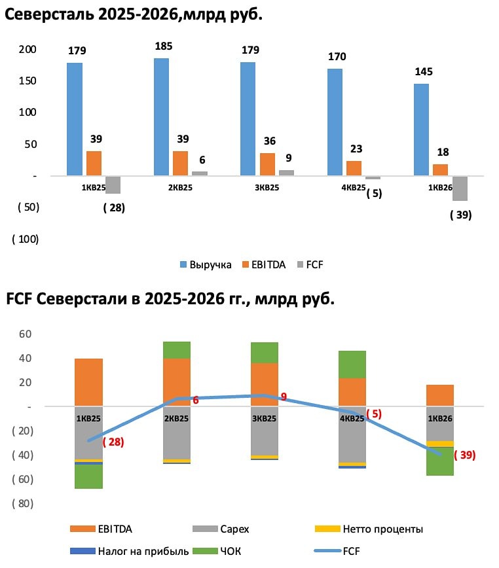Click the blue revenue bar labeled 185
click(x=161, y=116)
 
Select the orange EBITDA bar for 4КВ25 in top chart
click(x=354, y=168)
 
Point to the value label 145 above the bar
click(x=423, y=72)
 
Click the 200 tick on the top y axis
click(x=28, y=50)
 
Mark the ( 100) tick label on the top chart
click(x=26, y=239)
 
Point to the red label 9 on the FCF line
click(x=284, y=397)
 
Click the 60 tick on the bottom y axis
click(x=26, y=334)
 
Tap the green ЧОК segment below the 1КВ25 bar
click(x=88, y=476)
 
